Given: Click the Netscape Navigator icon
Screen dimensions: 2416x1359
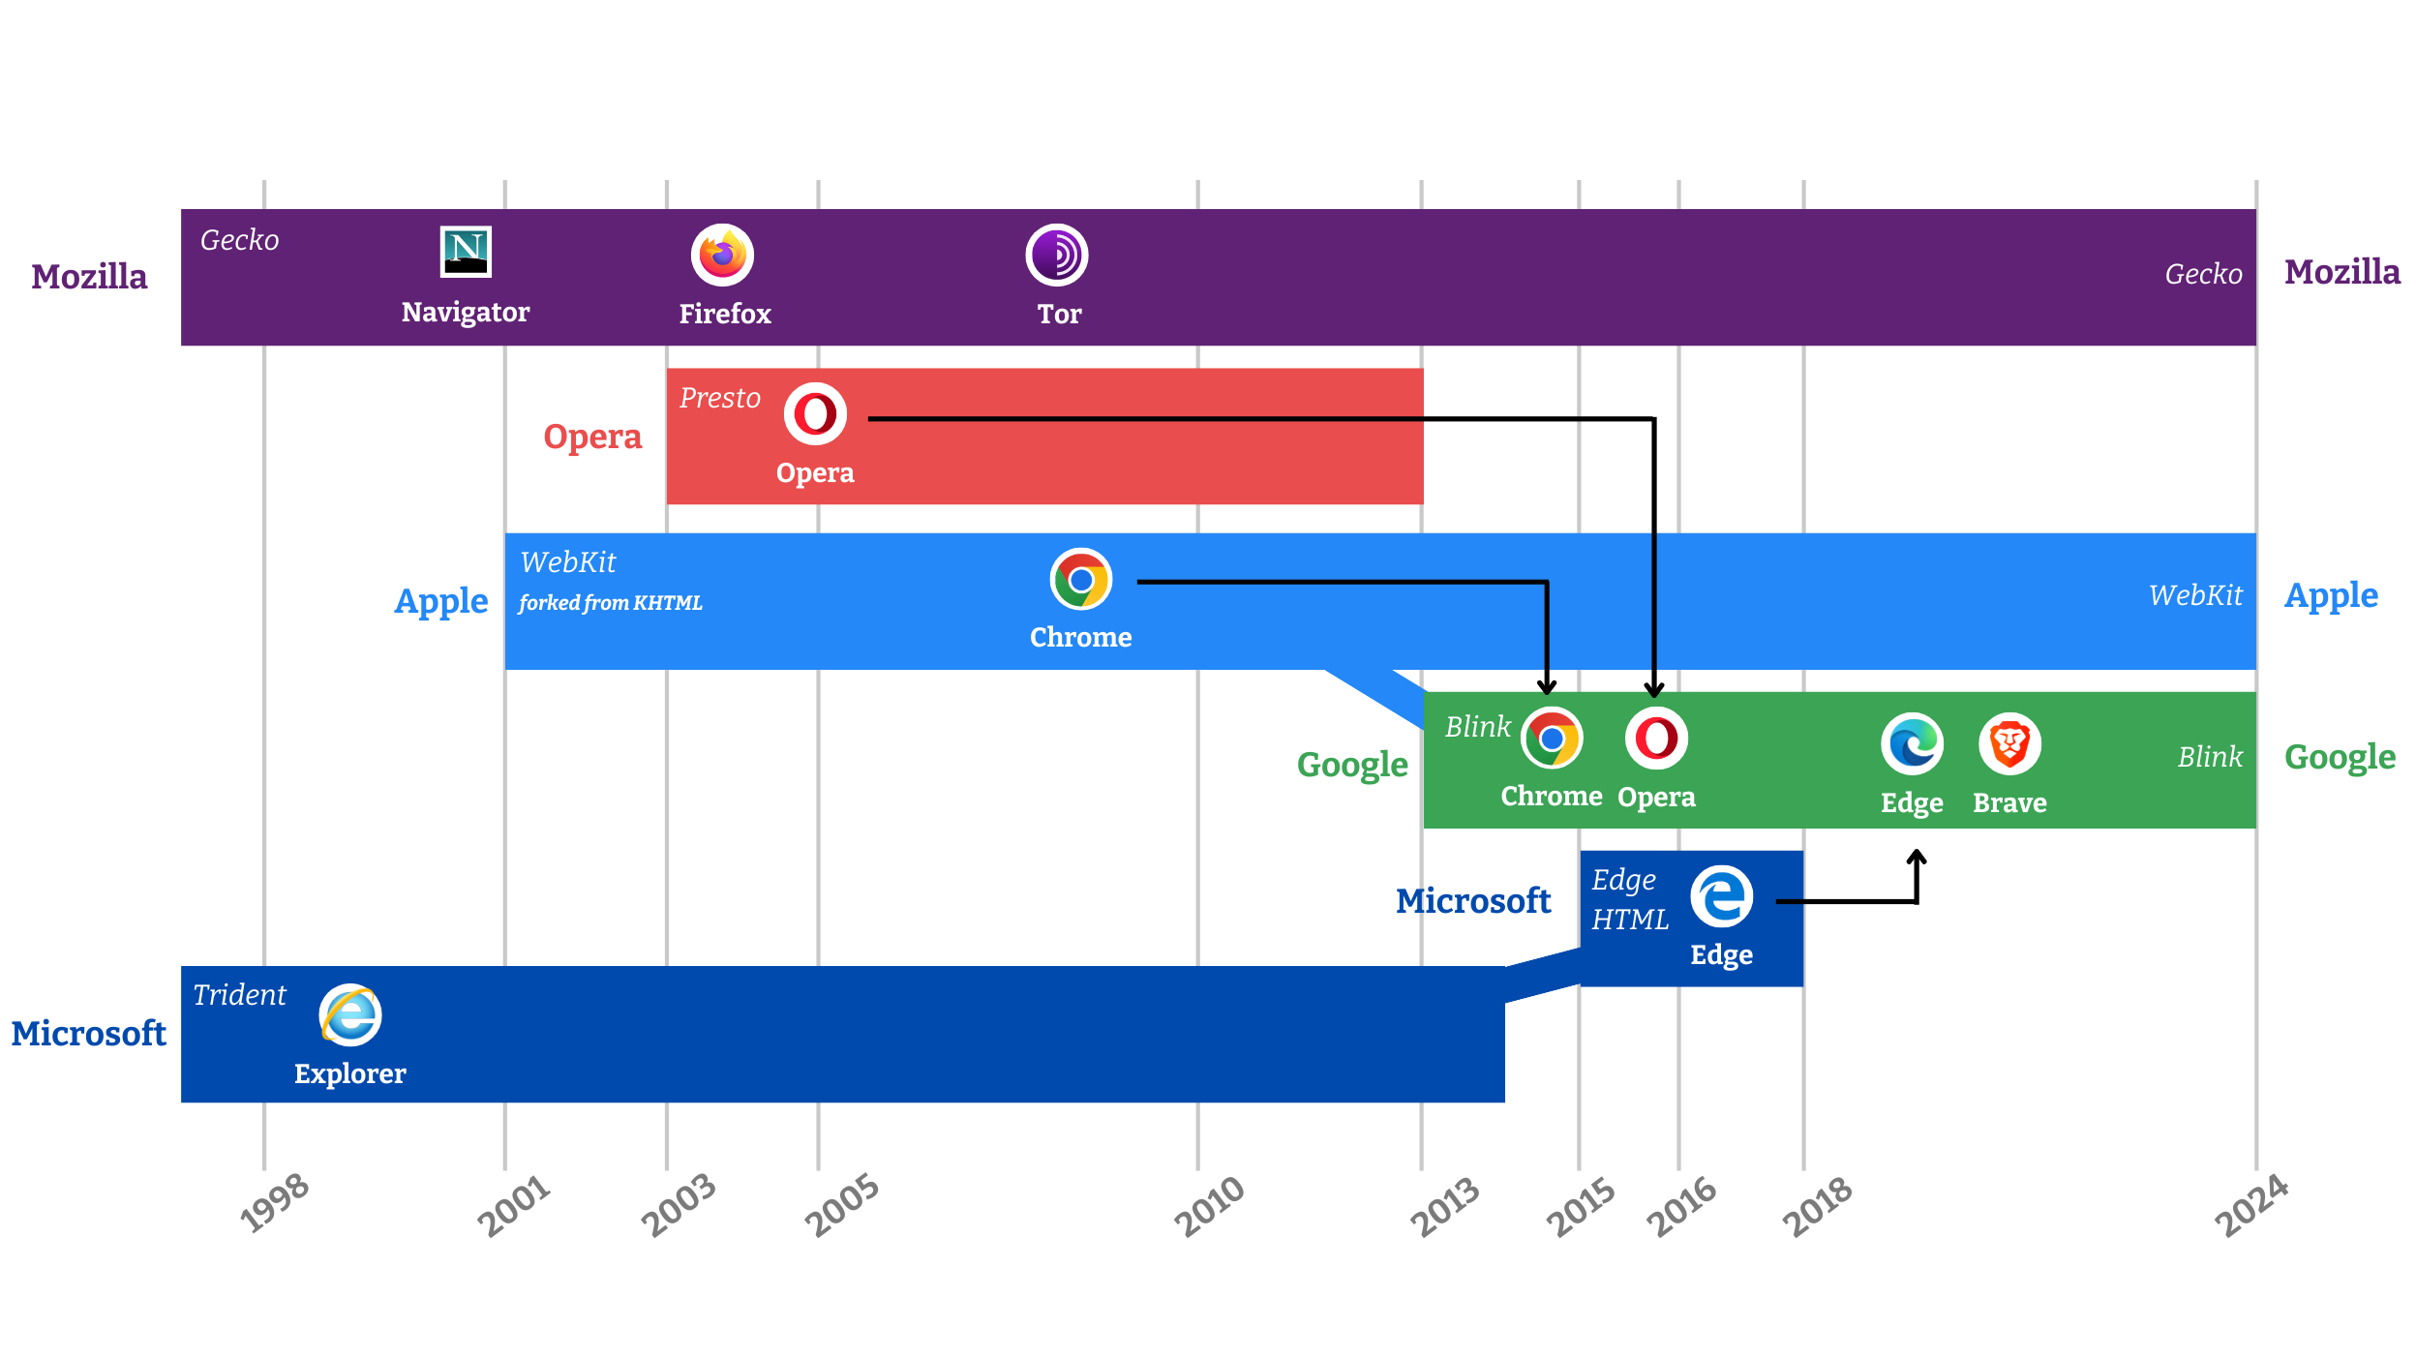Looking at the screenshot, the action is pos(466,252).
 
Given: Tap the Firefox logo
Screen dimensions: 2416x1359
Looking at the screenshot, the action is pos(722,255).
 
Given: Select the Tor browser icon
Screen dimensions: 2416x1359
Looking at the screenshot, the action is pos(1057,255).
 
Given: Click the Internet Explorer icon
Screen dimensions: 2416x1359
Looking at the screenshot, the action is pos(350,1015).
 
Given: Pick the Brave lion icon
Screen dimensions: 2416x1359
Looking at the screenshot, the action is pos(2010,744).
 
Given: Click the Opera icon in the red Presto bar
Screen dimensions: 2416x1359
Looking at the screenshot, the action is pos(815,414).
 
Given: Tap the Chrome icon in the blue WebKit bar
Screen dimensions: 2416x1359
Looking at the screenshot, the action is pos(1081,580).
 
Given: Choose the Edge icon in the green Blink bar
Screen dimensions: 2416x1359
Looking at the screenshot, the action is pos(1913,744).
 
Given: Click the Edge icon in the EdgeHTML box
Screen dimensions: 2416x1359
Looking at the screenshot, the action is pos(1722,896).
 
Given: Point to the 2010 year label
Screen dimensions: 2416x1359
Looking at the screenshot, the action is pos(1209,1206).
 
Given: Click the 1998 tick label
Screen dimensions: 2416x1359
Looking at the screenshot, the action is pos(275,1203).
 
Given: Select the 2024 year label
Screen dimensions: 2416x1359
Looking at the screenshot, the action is pos(2252,1206).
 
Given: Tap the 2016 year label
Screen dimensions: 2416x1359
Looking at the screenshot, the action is pos(1682,1207).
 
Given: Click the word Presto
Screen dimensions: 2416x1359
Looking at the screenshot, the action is pos(720,398).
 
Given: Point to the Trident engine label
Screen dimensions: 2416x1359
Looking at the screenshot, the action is pos(239,995).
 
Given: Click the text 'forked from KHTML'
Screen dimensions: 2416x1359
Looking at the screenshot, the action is pos(611,603).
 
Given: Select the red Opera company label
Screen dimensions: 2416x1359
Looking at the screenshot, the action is pos(592,437).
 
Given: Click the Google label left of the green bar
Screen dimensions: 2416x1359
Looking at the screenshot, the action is pos(1352,765).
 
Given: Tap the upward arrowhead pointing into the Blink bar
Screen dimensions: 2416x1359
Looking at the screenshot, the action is pos(1917,857).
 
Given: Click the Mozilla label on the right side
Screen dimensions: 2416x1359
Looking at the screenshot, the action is pos(2342,272).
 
